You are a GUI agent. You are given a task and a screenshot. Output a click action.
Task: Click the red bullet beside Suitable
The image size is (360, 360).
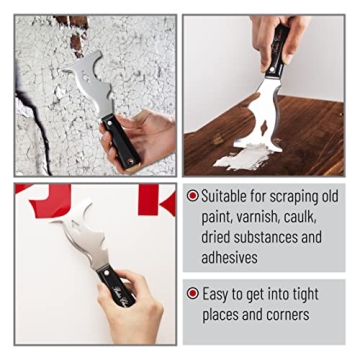[x=192, y=196]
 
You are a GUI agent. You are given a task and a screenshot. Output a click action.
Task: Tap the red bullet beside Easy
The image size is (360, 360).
[x=192, y=294]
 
